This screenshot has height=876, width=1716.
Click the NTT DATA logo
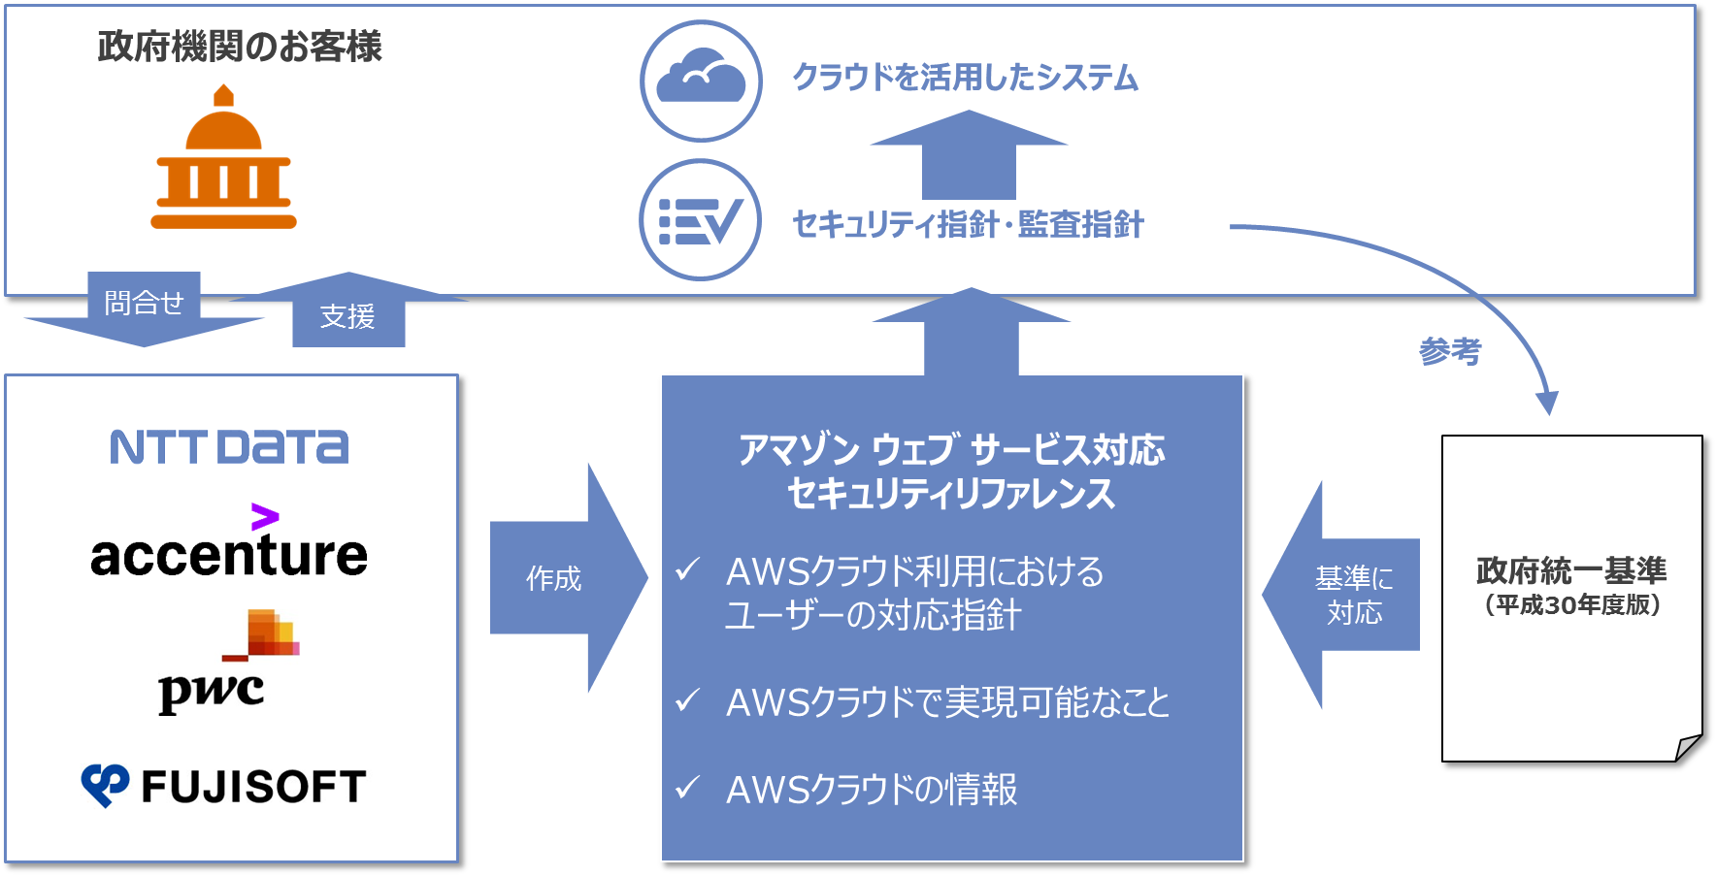tap(229, 447)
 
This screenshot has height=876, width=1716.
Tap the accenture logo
tap(229, 549)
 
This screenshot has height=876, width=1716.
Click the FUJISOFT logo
tap(224, 786)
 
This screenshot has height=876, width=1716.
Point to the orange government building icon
tap(223, 159)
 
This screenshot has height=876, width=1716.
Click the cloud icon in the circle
tap(701, 81)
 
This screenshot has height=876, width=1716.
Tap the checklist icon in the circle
tap(700, 220)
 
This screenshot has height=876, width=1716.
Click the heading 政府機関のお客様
tap(240, 47)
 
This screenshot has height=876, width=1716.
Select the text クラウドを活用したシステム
tap(965, 78)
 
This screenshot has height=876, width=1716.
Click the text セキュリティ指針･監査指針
tap(968, 225)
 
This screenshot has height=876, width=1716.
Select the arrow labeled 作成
tap(563, 578)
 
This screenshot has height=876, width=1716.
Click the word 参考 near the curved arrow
tap(1449, 351)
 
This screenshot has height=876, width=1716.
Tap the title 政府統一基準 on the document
tap(1571, 570)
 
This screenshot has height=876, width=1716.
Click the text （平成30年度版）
tap(1572, 605)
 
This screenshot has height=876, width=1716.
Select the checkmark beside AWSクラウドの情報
tap(687, 787)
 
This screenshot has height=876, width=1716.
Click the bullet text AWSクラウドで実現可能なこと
tap(947, 702)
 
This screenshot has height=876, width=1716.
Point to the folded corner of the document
tap(1689, 747)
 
